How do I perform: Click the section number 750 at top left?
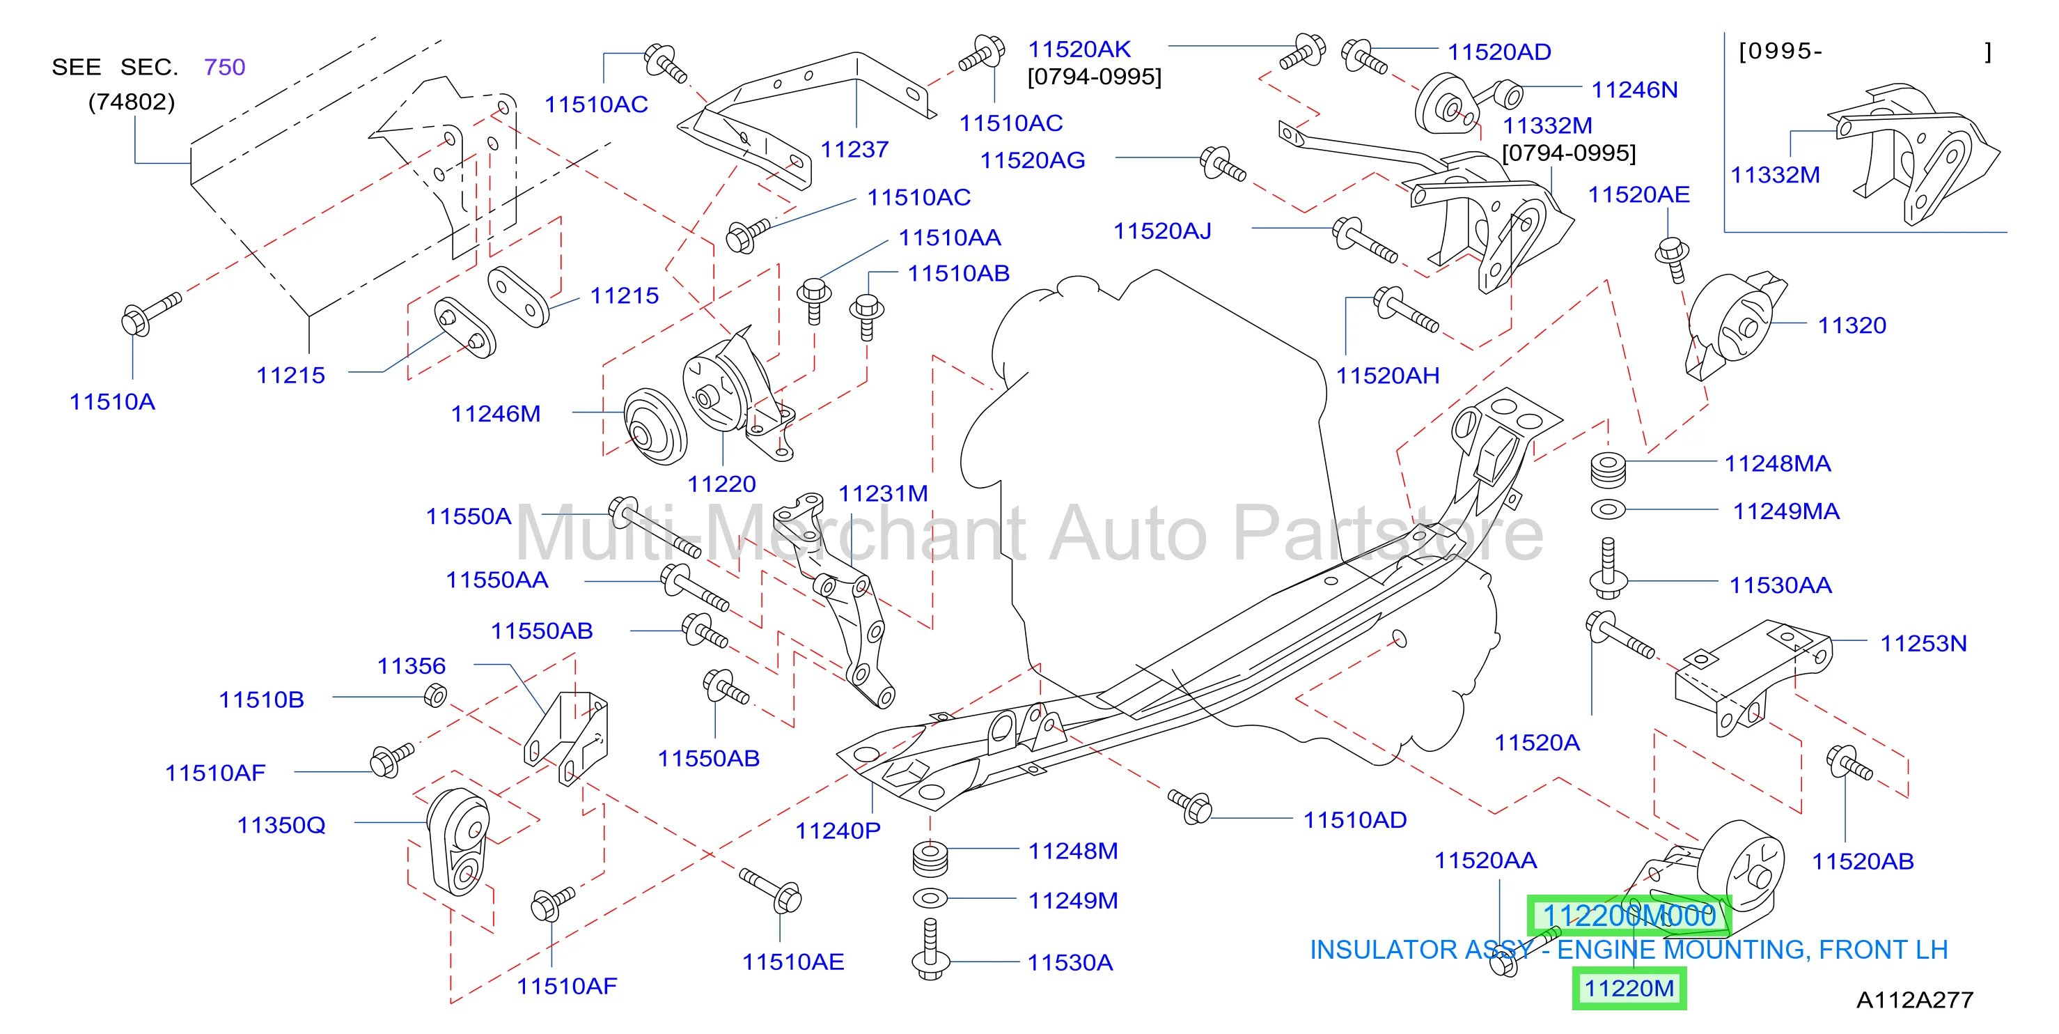(225, 67)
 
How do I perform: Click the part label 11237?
(854, 150)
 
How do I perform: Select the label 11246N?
(1634, 90)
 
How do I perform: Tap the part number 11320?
(1852, 325)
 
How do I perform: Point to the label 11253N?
(1923, 644)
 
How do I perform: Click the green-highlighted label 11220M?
(1629, 989)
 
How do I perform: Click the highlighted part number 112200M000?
(1629, 916)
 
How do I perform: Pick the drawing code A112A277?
(1914, 1000)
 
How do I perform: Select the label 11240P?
(838, 831)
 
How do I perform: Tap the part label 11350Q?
(281, 825)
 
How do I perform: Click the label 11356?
(412, 666)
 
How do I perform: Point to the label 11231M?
(883, 493)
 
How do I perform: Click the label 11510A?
(112, 401)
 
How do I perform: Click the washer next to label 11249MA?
(1608, 509)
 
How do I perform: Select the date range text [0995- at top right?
(1780, 51)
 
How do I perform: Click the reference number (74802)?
(131, 102)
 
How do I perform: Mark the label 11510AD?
(1355, 819)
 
